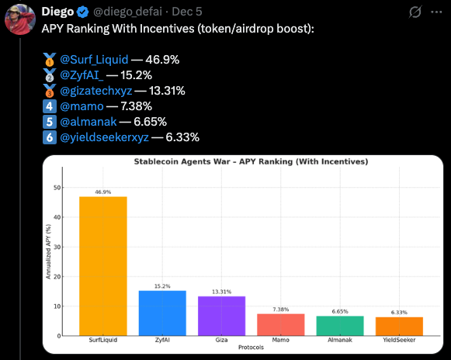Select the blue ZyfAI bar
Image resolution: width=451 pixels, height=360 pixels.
[x=162, y=313]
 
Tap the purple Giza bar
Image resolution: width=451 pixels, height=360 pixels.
[x=221, y=316]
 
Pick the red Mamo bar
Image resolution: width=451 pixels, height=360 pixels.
[x=280, y=324]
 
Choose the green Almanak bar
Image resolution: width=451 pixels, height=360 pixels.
[x=340, y=326]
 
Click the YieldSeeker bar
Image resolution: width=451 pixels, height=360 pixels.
[x=399, y=326]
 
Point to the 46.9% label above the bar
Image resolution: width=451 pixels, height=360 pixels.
[x=102, y=191]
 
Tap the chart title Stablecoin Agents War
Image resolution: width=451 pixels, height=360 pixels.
[x=251, y=161]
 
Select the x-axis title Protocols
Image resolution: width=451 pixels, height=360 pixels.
[x=250, y=347]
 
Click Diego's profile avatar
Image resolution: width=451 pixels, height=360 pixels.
[x=19, y=20]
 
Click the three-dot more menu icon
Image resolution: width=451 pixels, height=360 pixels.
[x=436, y=12]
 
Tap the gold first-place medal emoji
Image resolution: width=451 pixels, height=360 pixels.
[x=49, y=58]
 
